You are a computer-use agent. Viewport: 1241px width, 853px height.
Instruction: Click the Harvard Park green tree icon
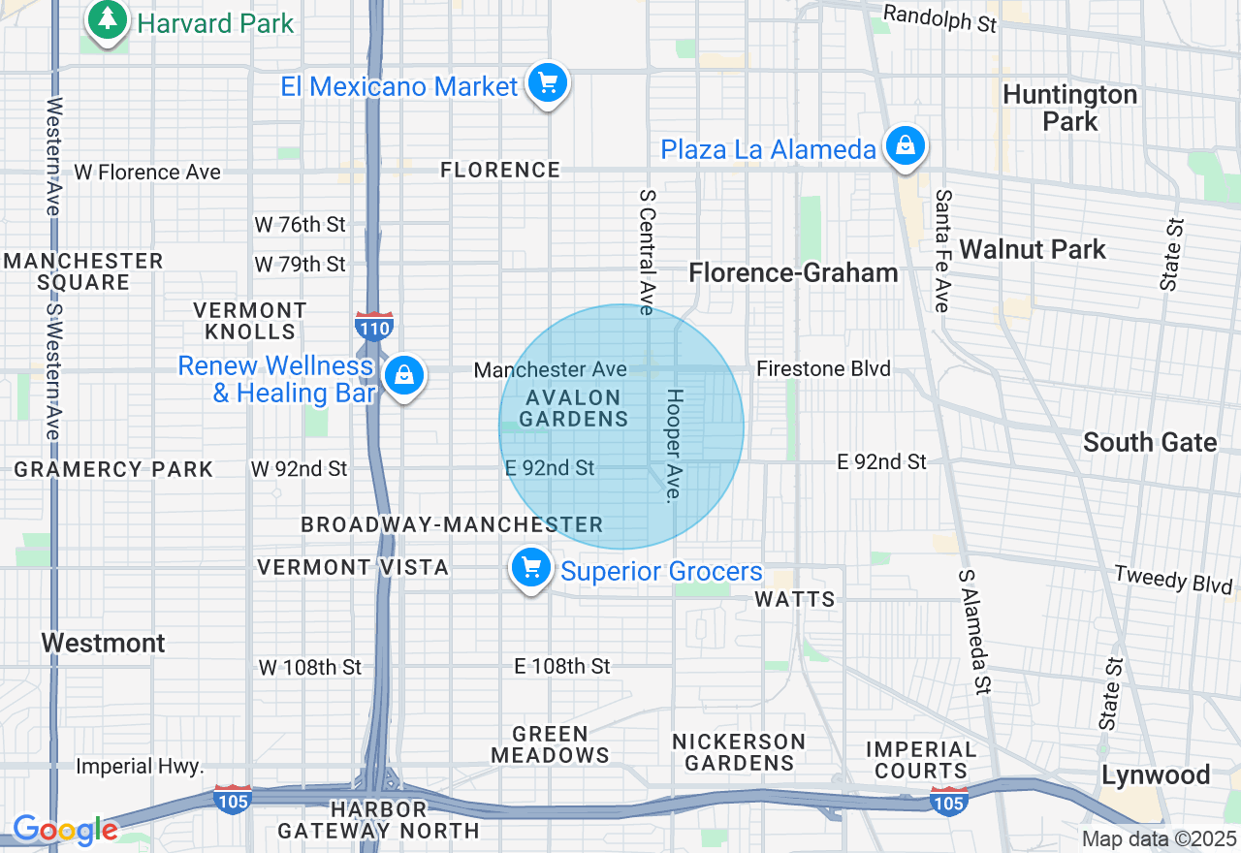(108, 20)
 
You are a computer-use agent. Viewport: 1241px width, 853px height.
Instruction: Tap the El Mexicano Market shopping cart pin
(548, 83)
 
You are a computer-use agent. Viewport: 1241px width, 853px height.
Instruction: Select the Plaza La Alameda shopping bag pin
(905, 146)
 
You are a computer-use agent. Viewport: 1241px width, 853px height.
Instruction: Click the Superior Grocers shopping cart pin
(531, 569)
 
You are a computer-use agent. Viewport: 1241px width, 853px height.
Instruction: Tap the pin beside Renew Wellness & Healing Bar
(403, 375)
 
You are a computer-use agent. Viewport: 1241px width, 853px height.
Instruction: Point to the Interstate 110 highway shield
(373, 326)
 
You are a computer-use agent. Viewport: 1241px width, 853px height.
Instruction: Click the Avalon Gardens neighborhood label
(574, 408)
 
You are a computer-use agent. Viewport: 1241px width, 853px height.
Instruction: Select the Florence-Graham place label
(793, 273)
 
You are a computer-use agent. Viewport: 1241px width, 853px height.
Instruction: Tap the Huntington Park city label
(1069, 108)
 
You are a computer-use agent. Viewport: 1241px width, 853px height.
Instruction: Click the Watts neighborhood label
(795, 599)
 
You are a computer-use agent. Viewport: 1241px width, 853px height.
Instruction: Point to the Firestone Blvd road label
(823, 369)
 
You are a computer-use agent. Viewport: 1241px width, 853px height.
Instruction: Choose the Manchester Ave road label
(550, 369)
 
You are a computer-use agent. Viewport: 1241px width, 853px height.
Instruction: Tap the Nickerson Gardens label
(739, 752)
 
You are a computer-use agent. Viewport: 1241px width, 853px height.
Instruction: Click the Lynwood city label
(1156, 775)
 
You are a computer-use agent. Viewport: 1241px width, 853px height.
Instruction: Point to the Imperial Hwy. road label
(140, 767)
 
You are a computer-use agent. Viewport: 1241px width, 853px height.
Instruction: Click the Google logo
(65, 830)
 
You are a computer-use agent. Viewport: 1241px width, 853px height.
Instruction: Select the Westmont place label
(104, 643)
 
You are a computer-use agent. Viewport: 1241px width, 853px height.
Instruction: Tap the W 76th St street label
(300, 225)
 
